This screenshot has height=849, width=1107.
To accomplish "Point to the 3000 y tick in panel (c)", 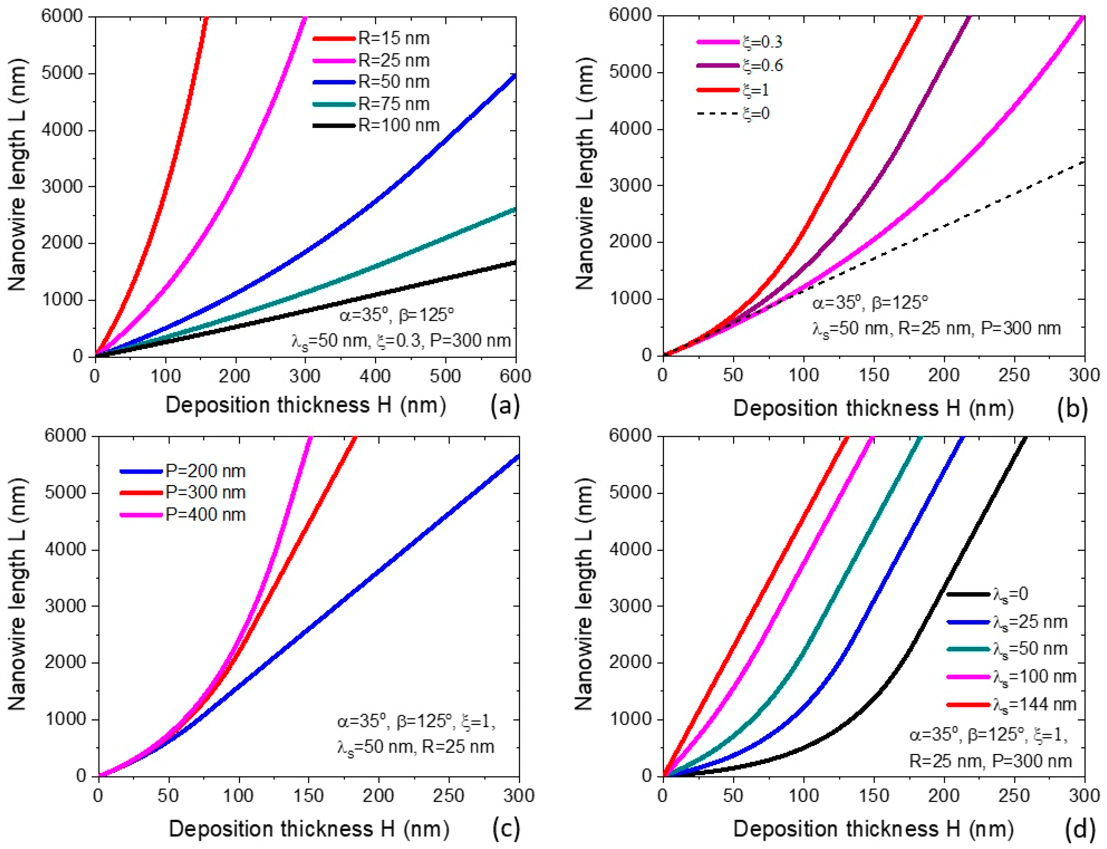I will tap(66, 606).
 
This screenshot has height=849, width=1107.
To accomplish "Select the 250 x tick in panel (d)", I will tap(1015, 795).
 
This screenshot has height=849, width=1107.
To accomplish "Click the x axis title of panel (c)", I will tap(309, 829).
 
